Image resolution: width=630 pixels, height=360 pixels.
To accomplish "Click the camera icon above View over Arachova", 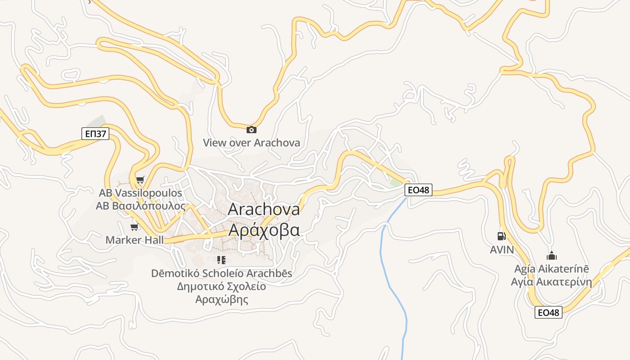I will [x=252, y=130].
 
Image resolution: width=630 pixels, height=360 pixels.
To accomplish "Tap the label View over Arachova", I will [x=251, y=143].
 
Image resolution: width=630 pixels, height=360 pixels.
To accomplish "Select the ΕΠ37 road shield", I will [x=95, y=133].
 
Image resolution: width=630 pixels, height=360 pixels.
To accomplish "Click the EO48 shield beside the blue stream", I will [x=418, y=190].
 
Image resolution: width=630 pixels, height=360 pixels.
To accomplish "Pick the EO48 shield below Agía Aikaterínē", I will [x=549, y=312].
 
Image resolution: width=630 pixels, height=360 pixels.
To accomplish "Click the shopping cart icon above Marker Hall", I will [x=134, y=227].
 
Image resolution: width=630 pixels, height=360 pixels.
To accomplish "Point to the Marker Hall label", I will [x=135, y=240].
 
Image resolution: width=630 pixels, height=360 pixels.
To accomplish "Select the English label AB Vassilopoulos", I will [x=140, y=193].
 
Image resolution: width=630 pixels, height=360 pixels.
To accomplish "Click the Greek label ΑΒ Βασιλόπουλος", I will [x=140, y=206].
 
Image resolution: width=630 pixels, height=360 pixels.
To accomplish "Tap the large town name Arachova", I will [x=264, y=209].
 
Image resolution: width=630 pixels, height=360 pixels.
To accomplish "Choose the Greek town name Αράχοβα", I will [x=264, y=229].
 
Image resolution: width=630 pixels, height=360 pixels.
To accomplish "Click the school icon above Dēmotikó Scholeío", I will [x=221, y=260].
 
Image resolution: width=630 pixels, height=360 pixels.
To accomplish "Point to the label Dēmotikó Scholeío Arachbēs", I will [x=221, y=273].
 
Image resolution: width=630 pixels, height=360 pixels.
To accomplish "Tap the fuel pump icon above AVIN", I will [x=501, y=236].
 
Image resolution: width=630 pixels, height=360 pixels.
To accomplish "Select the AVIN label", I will [x=501, y=250].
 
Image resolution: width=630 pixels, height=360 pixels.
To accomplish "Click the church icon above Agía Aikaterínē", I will [x=552, y=256].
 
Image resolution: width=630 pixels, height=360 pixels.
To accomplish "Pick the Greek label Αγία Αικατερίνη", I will [x=551, y=282].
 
